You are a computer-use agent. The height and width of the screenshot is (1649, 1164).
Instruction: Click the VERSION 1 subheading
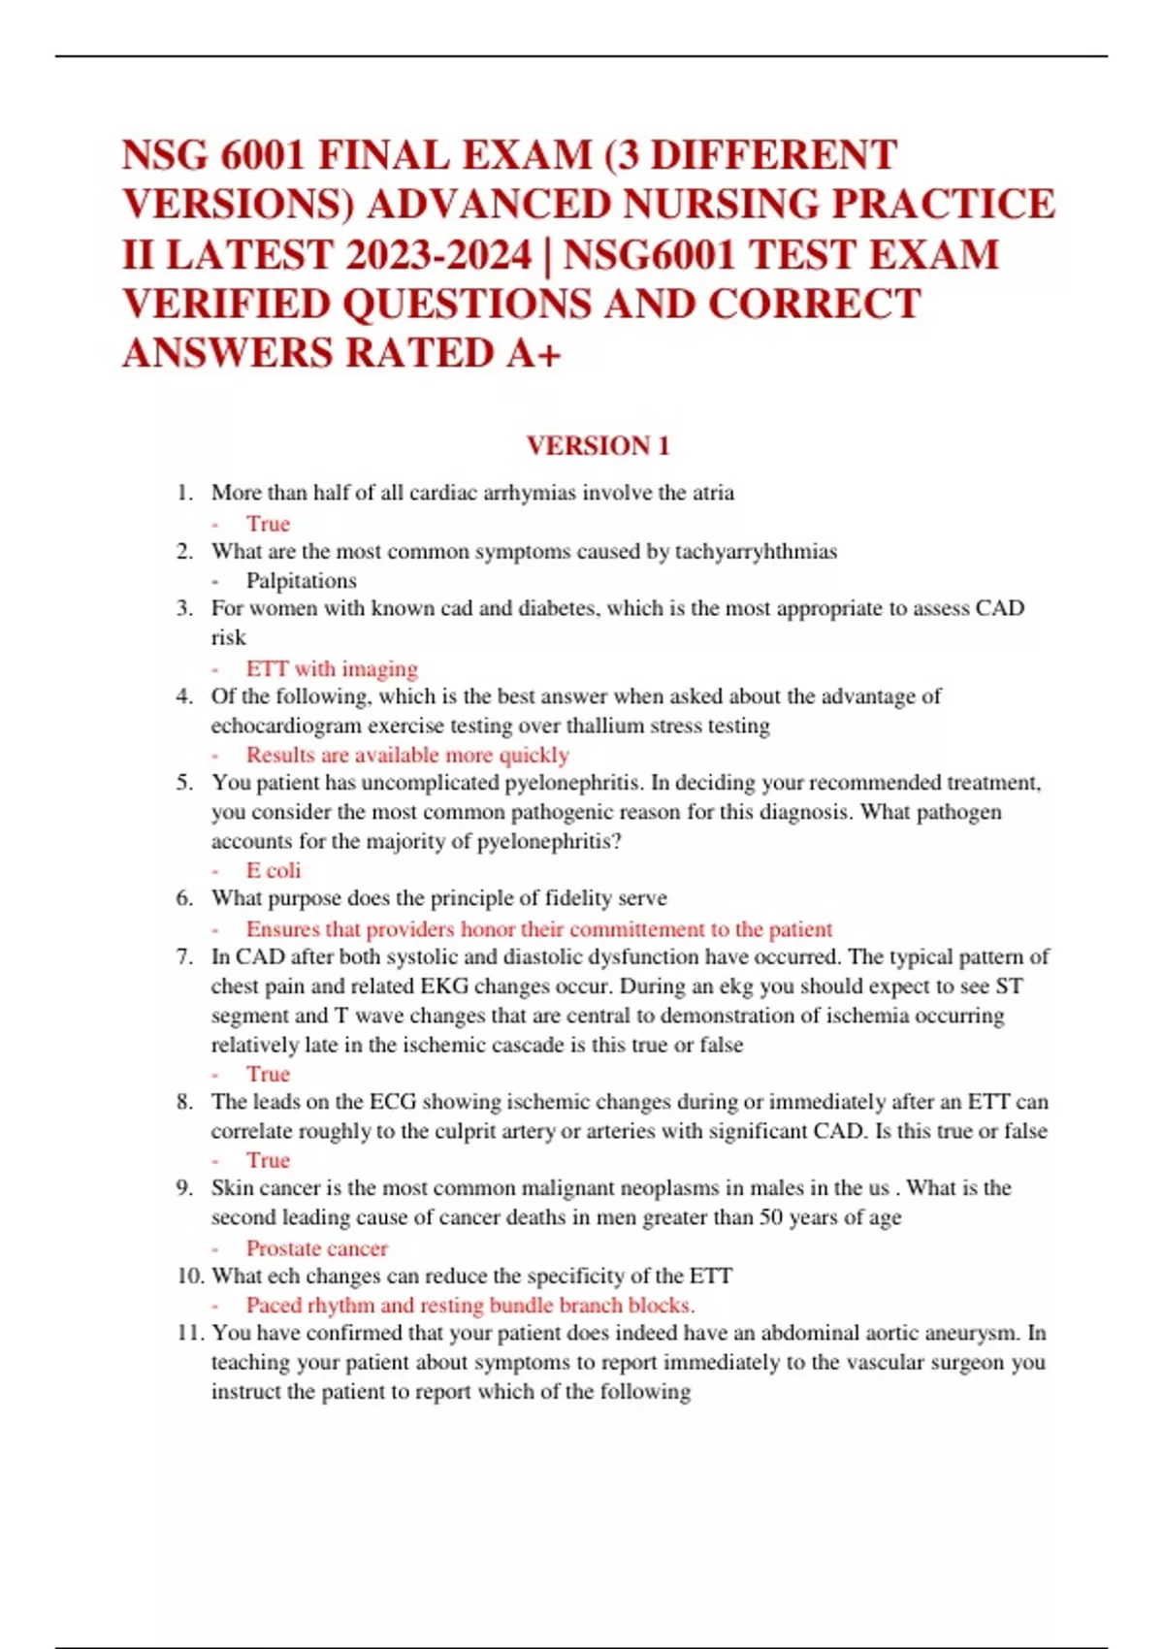coord(598,446)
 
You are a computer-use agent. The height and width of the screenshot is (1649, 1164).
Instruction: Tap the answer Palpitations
coord(301,581)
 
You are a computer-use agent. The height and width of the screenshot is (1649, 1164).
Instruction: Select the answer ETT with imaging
coord(332,668)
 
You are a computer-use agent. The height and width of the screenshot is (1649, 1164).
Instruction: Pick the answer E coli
coord(274,870)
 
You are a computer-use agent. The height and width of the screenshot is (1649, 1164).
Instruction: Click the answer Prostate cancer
coord(316,1248)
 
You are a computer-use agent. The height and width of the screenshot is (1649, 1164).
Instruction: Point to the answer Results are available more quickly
coord(407,755)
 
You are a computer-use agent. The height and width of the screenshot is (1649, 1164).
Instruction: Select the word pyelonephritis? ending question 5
coord(549,841)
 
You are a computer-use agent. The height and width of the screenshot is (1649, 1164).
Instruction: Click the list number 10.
coord(189,1276)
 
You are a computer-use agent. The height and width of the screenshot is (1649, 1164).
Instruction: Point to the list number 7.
coord(184,956)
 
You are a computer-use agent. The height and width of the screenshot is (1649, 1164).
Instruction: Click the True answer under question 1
coord(268,524)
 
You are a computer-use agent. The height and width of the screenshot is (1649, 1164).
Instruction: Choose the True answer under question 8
coord(268,1160)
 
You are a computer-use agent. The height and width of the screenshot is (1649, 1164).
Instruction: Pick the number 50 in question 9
coord(771,1217)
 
